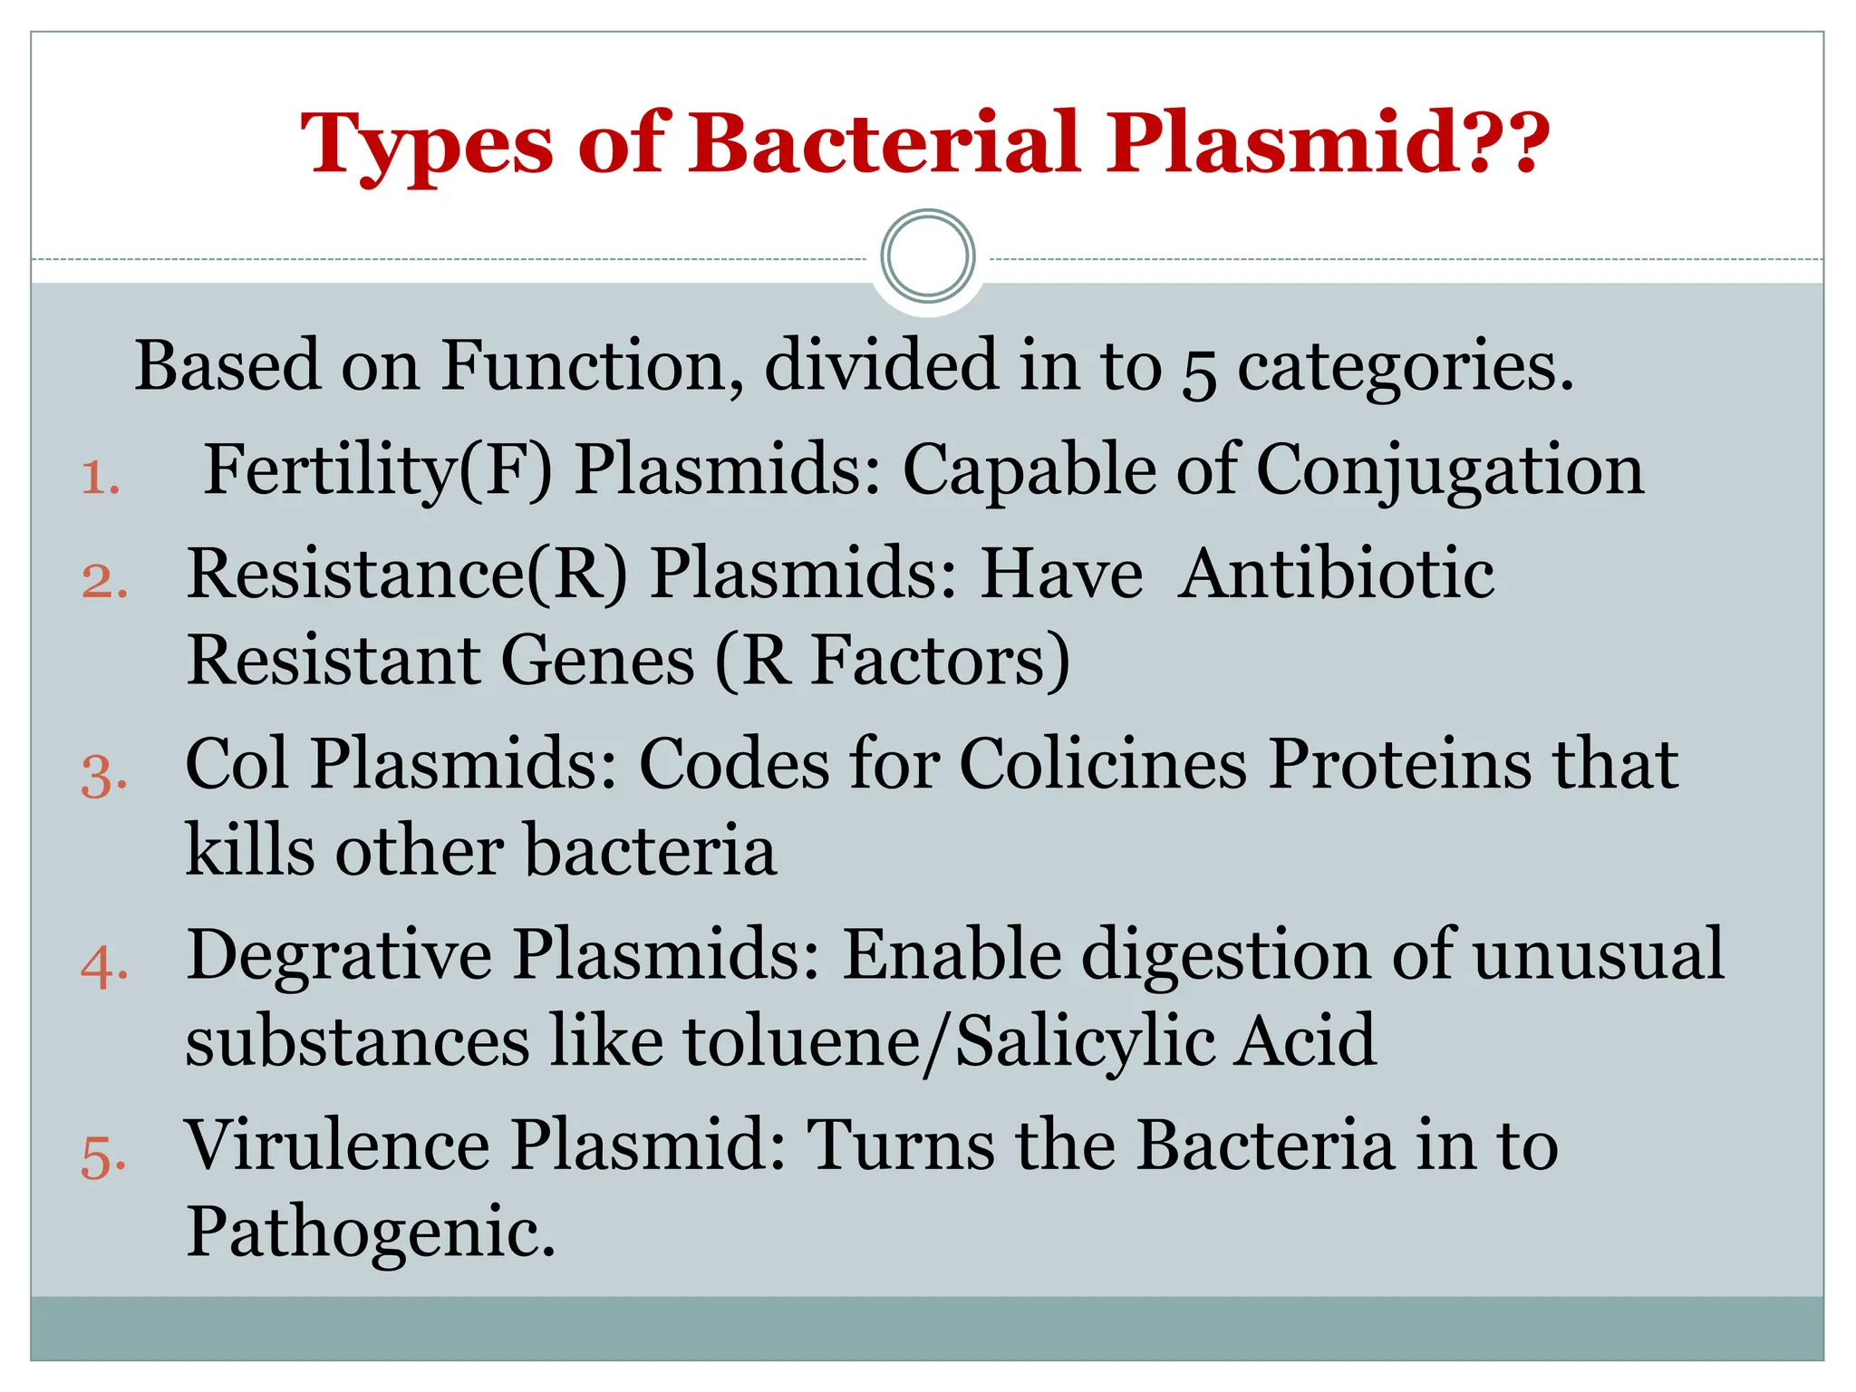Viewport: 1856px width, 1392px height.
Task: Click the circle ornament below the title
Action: [927, 256]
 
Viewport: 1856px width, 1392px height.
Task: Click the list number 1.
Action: [100, 478]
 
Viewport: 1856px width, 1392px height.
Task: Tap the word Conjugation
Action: [1449, 471]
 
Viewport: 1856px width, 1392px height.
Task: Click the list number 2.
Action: [103, 581]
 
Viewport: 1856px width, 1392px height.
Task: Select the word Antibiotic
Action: [1336, 575]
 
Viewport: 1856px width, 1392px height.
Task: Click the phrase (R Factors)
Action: [893, 662]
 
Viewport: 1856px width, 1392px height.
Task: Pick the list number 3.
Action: [103, 776]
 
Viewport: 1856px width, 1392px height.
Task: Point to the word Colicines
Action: [1102, 765]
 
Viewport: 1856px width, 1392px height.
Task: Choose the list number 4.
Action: [103, 967]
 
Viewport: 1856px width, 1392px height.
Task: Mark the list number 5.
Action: [103, 1157]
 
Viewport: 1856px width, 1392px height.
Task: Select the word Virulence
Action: [337, 1145]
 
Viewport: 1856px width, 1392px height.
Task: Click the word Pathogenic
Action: [370, 1232]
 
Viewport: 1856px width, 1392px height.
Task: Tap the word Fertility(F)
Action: [377, 471]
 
